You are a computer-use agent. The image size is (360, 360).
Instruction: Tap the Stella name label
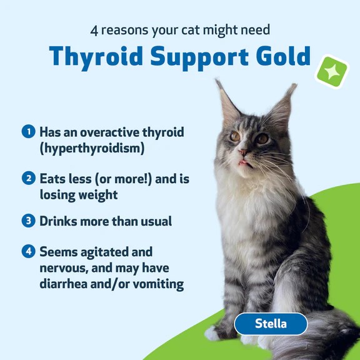(x=271, y=324)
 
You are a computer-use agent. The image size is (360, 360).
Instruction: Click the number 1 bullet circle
(x=27, y=132)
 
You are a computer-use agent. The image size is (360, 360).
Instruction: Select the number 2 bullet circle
(x=27, y=179)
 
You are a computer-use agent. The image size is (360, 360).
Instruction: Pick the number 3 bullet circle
(x=27, y=221)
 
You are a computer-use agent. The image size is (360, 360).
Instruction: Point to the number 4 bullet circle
(x=27, y=251)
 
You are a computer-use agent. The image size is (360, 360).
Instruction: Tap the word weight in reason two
(x=95, y=195)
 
